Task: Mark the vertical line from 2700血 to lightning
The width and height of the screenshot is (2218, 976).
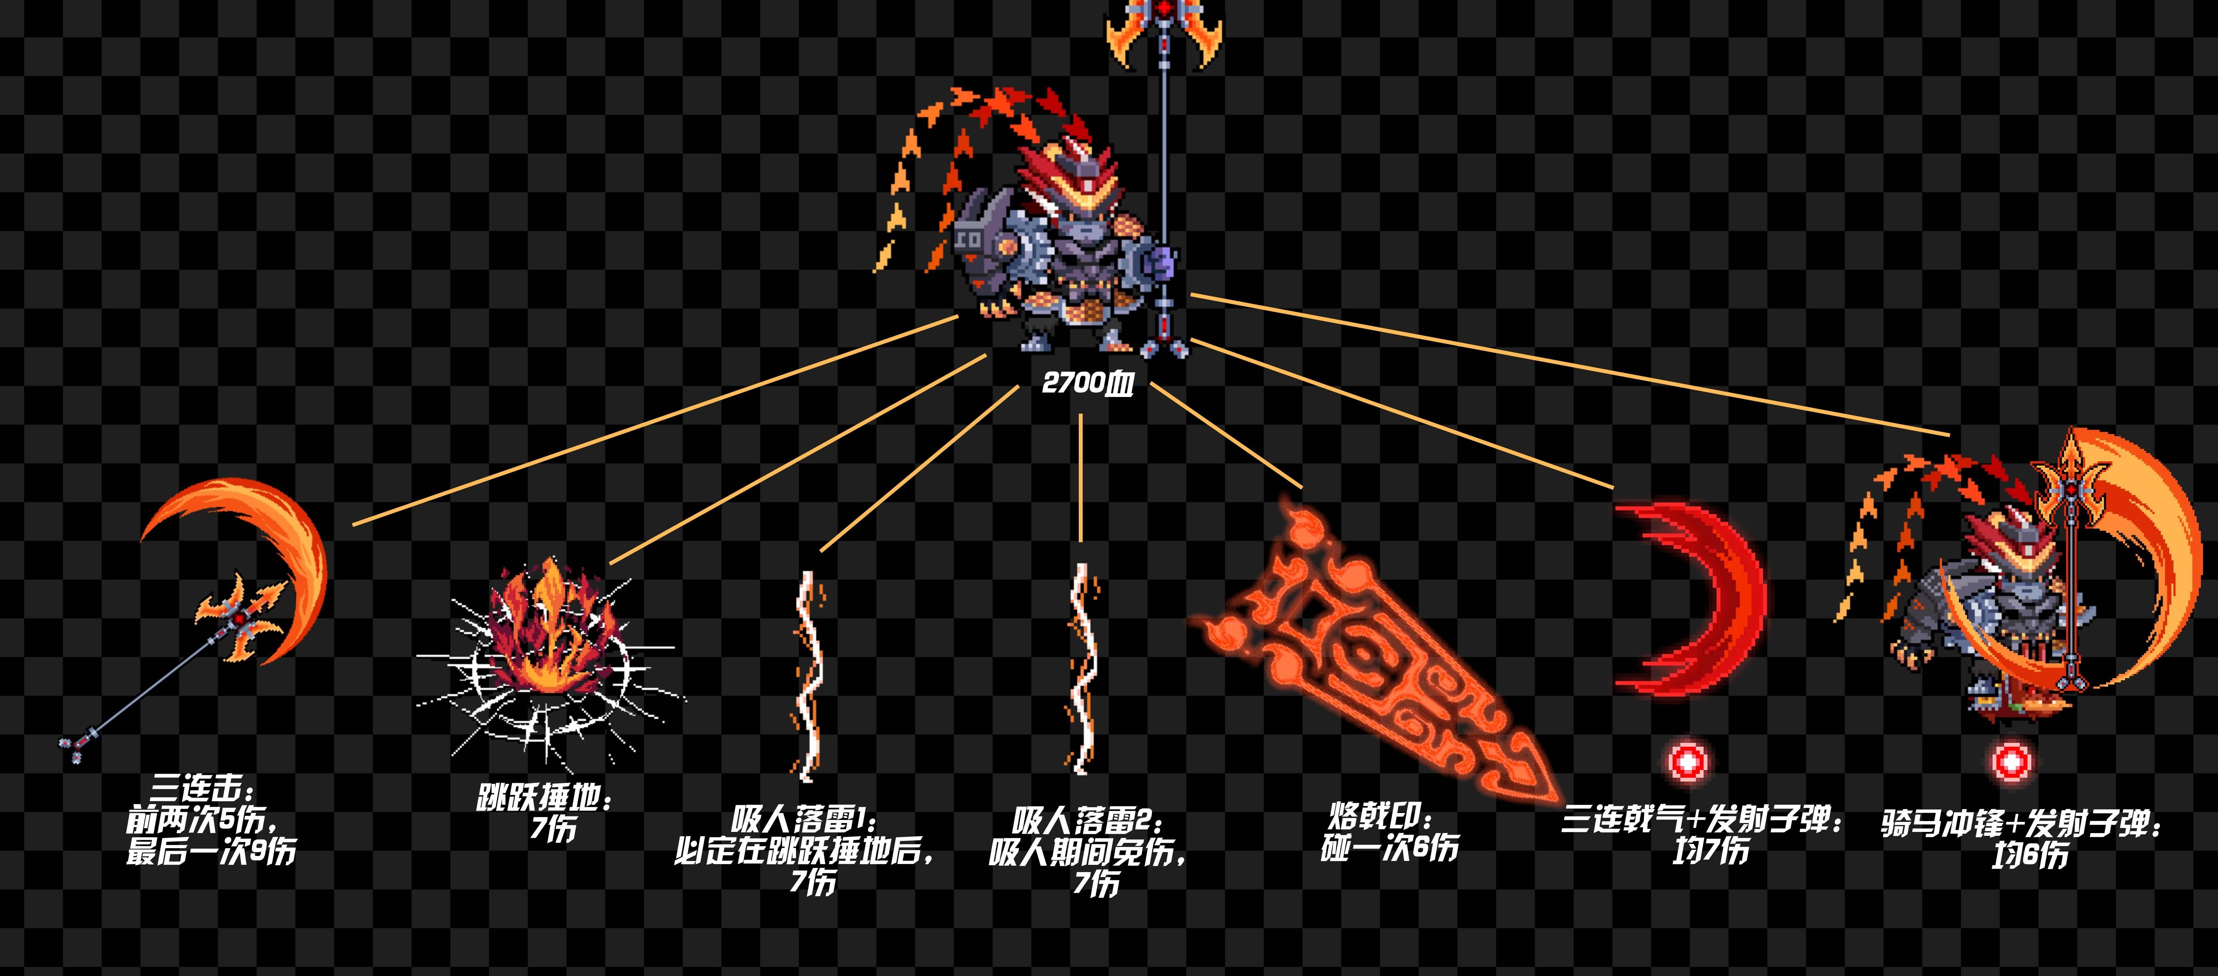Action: pos(1081,478)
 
